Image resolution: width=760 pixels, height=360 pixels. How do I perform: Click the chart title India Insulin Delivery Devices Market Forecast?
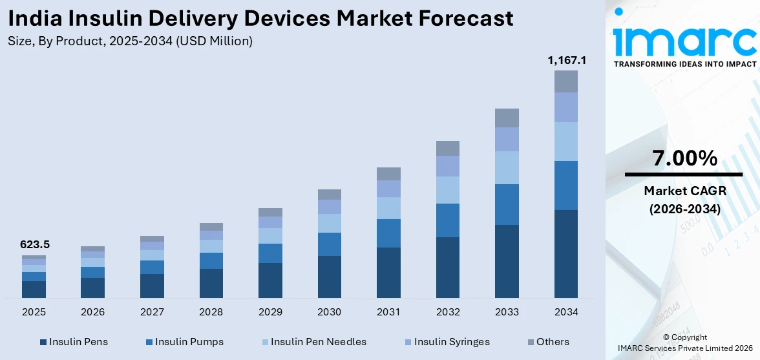click(x=261, y=18)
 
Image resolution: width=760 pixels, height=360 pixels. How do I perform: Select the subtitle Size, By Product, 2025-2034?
click(x=130, y=41)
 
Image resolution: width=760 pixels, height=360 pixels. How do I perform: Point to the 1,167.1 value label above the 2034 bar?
click(x=566, y=60)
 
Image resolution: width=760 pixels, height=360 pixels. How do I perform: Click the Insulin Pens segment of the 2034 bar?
click(x=566, y=253)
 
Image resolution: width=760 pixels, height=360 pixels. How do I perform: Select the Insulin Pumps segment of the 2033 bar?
click(x=507, y=204)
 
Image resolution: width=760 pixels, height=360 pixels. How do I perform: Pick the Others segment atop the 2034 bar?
click(x=566, y=81)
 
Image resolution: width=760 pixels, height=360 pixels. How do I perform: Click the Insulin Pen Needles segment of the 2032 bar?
click(x=447, y=190)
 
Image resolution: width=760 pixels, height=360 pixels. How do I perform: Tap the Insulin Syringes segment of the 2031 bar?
click(x=388, y=189)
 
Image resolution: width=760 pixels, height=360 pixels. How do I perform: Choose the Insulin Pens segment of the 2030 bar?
click(x=329, y=277)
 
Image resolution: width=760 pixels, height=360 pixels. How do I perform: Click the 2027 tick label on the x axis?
click(x=152, y=312)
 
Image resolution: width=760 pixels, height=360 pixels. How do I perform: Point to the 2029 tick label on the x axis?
click(x=270, y=312)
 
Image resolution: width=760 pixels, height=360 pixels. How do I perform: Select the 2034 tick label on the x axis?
click(x=566, y=312)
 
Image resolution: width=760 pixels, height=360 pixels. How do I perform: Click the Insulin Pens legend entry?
click(x=74, y=342)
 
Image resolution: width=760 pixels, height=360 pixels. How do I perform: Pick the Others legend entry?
click(x=547, y=342)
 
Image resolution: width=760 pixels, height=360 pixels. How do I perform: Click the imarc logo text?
click(x=684, y=40)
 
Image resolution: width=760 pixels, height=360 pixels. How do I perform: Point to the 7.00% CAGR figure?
click(x=684, y=158)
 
